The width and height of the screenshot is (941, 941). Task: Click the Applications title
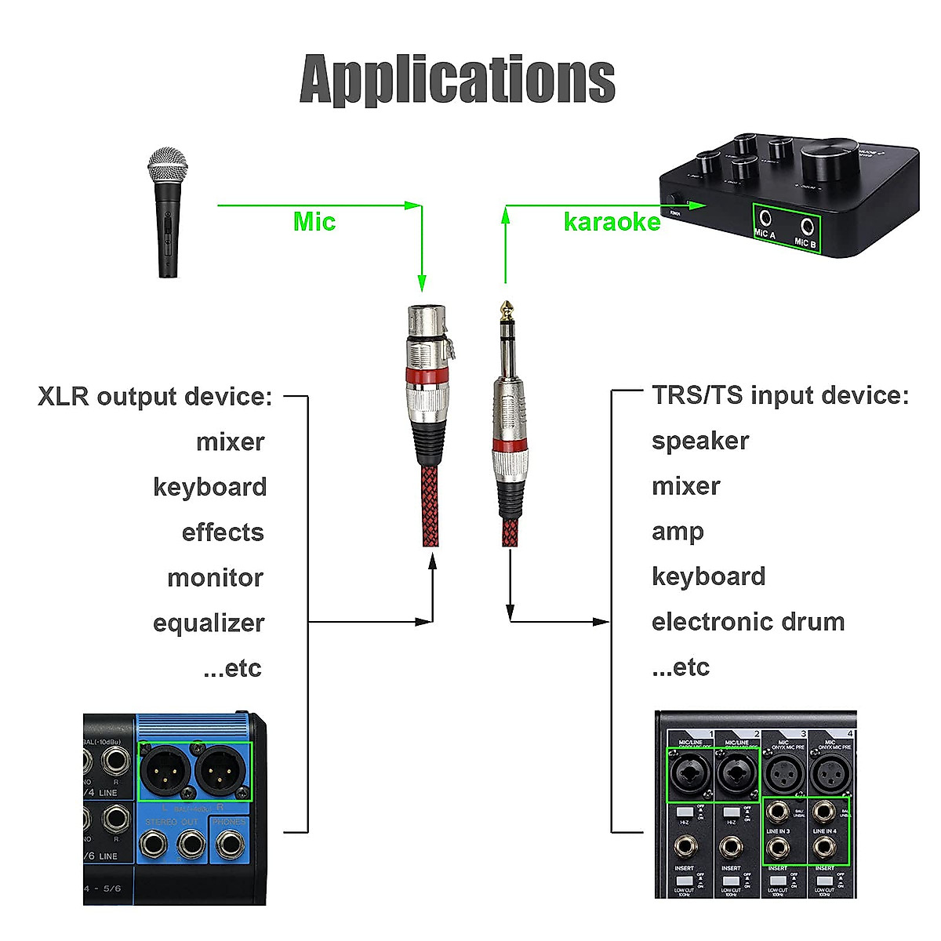457,79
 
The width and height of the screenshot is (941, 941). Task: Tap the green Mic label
314,222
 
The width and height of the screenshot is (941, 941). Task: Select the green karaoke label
612,222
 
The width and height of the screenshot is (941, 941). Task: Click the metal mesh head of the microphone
168,165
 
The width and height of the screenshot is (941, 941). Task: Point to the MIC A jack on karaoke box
765,220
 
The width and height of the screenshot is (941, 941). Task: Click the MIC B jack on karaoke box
806,227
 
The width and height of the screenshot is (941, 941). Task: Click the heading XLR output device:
154,396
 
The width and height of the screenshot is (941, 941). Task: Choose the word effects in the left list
223,532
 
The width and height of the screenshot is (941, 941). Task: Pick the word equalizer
209,623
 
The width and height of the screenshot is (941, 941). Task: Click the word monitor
215,578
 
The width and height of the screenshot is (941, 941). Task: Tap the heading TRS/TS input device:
780,395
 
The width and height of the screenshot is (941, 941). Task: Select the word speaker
700,441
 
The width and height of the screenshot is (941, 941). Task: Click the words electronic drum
748,622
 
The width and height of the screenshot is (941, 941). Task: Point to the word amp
678,532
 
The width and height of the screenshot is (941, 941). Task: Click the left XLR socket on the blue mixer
165,771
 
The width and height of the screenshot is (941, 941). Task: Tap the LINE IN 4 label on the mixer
824,831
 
